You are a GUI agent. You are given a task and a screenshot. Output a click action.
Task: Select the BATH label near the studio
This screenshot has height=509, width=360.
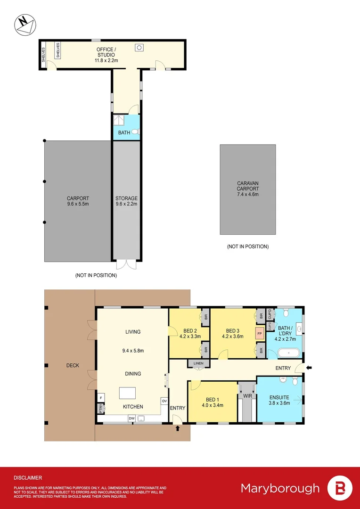coord(124,133)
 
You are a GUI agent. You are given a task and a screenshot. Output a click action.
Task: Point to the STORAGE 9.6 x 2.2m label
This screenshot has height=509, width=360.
coord(126,201)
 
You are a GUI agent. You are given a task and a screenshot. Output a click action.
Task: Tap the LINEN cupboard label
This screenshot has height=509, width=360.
coord(196,363)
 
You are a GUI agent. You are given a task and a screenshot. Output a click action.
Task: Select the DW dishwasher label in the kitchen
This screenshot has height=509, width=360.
coord(131,418)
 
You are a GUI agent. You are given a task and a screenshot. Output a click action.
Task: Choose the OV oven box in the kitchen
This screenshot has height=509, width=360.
coord(164,401)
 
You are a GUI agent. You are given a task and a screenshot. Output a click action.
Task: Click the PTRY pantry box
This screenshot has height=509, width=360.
coord(100,410)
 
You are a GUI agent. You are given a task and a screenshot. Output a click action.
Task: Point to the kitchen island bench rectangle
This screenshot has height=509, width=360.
coord(127,393)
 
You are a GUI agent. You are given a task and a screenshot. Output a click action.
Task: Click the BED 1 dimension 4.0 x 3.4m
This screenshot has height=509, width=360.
coord(212,405)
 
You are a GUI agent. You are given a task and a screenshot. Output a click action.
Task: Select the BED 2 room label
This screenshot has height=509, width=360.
coord(190,330)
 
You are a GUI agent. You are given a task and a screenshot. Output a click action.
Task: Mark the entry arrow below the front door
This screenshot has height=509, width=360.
coord(178,428)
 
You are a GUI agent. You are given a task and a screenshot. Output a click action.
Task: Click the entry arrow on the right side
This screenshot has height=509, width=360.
coord(309,367)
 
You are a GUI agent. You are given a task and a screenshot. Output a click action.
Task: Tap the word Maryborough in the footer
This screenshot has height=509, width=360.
coord(280,488)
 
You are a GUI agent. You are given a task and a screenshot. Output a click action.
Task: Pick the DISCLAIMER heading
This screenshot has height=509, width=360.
coord(28,477)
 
